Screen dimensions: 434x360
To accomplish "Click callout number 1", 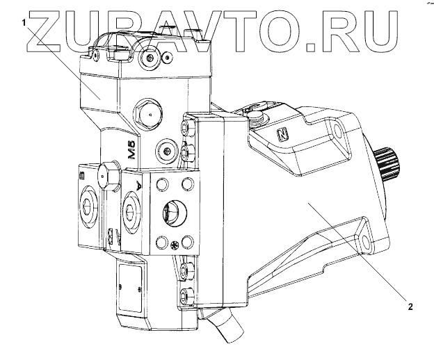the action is point(26,22).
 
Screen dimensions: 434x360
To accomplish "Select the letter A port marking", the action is point(138,186).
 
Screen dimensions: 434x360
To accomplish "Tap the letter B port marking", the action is point(83,173).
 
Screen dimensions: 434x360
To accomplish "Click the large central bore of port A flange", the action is point(172,211).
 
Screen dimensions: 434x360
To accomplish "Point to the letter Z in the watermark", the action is point(46,35).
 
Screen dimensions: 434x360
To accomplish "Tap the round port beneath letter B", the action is point(89,206).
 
